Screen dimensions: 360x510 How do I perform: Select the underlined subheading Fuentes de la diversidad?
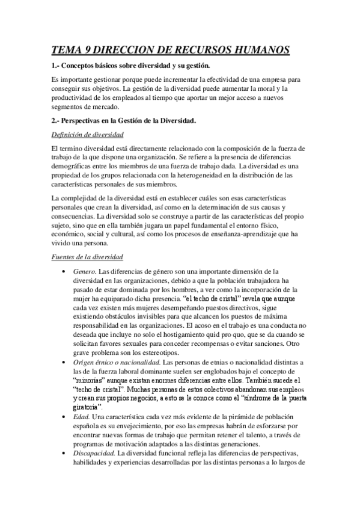point(87,256)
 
